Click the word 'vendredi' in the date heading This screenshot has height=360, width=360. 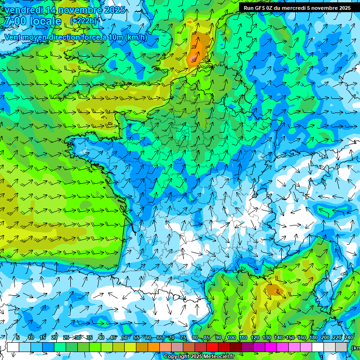point(22,10)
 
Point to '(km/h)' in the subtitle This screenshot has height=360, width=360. point(136,37)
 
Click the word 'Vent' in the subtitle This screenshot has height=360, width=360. point(14,37)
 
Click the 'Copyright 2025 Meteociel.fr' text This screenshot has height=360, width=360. point(199,356)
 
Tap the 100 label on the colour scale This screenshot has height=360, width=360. point(231,338)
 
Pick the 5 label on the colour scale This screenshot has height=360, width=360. point(17,338)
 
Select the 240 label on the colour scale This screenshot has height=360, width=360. point(348,338)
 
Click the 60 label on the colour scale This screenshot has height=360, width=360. point(148,338)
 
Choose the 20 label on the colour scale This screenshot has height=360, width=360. point(54,338)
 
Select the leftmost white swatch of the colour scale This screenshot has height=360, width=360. point(13,347)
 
